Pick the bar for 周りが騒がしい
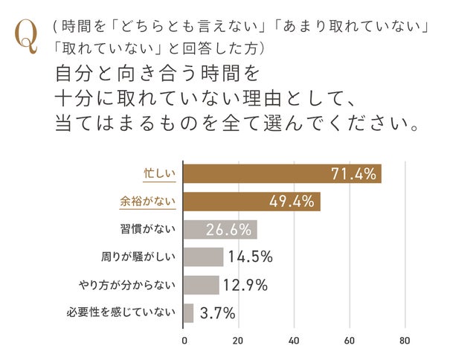click(203, 257)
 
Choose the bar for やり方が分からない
click(201, 285)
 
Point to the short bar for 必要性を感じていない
click(188, 312)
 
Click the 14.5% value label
click(251, 257)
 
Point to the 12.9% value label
click(246, 285)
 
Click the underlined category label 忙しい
click(158, 174)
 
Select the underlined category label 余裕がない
click(147, 202)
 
